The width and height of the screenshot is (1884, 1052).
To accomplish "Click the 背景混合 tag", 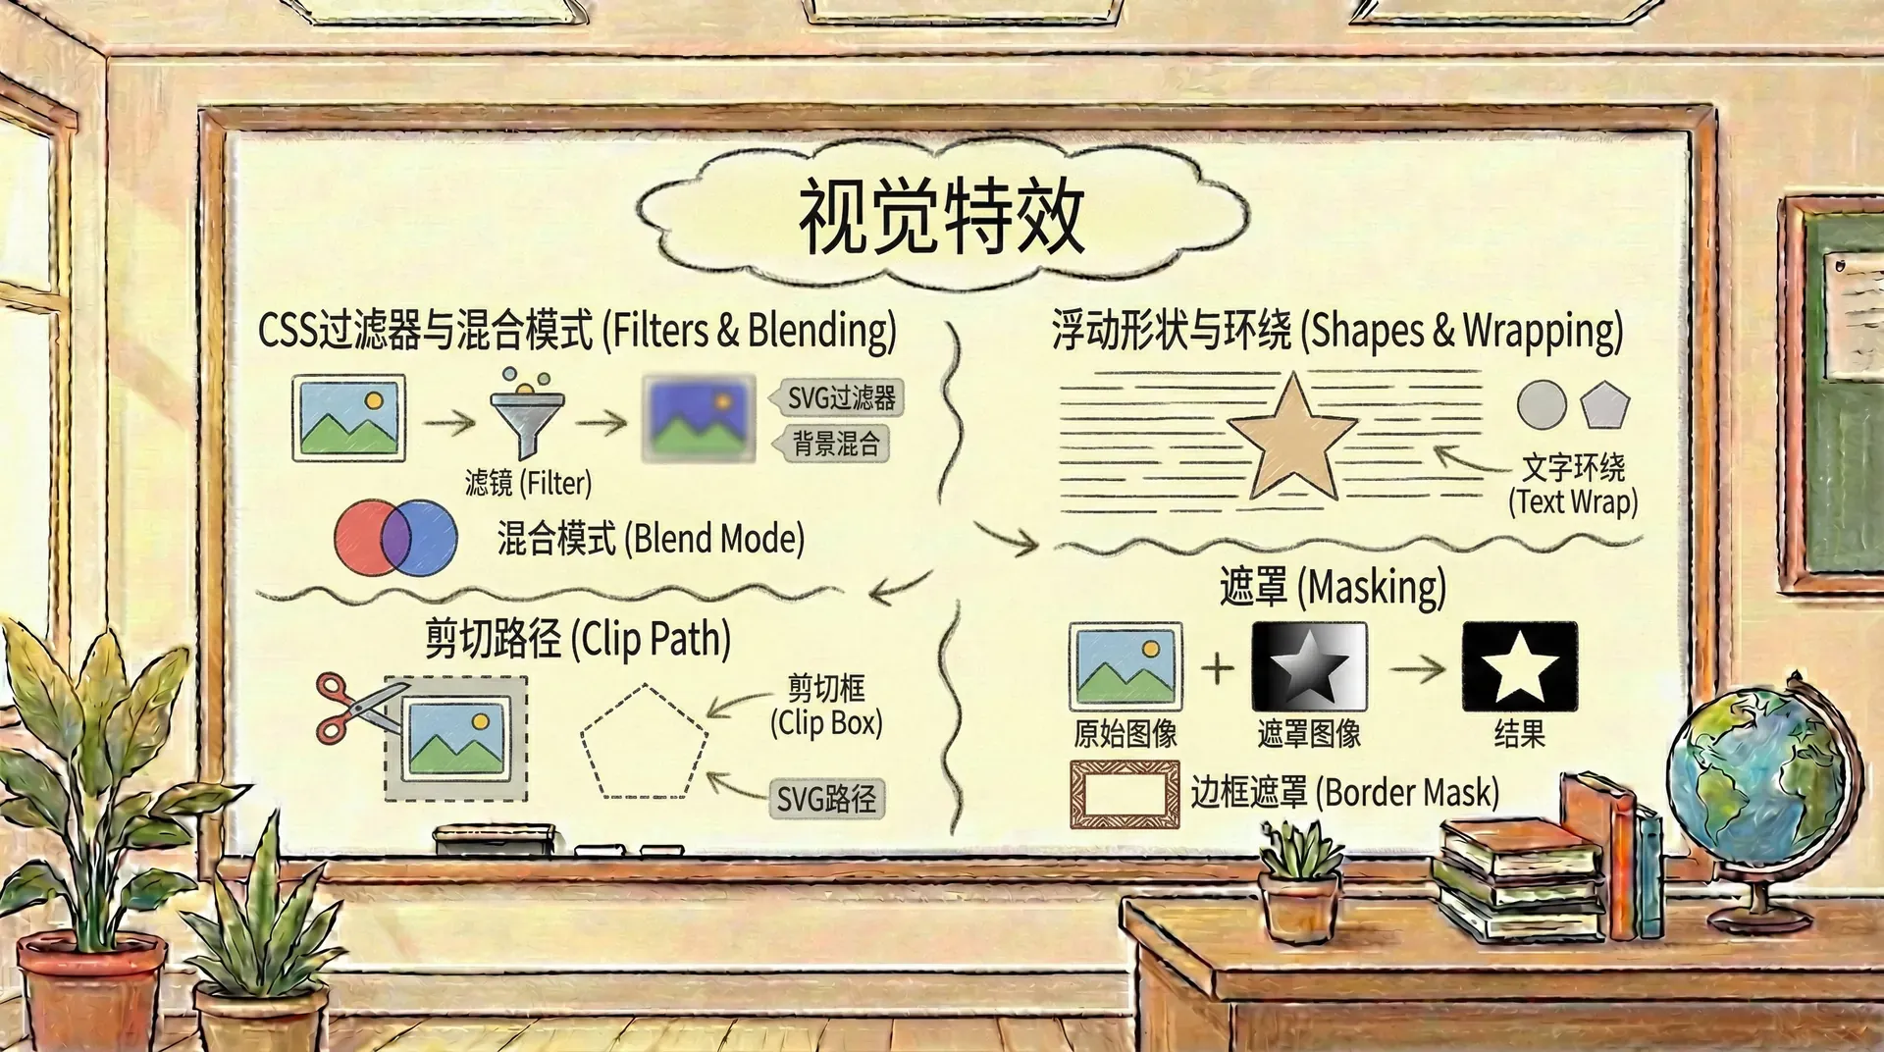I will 835,444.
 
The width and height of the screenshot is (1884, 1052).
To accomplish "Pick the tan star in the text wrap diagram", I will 1292,439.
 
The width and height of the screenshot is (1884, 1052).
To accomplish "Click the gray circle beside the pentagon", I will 1541,404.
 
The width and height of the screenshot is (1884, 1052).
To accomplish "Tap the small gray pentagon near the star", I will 1604,405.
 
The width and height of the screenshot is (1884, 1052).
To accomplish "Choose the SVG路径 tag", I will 826,799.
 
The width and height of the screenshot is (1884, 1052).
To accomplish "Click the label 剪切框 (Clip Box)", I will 826,707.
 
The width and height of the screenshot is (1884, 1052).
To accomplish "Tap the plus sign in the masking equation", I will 1217,667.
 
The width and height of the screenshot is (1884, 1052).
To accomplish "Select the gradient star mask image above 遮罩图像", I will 1309,666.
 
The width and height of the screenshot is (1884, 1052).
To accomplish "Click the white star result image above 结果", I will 1519,666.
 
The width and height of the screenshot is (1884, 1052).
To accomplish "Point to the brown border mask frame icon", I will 1124,794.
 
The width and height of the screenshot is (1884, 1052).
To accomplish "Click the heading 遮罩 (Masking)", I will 1332,587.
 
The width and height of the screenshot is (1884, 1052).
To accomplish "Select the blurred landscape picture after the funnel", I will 699,418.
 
